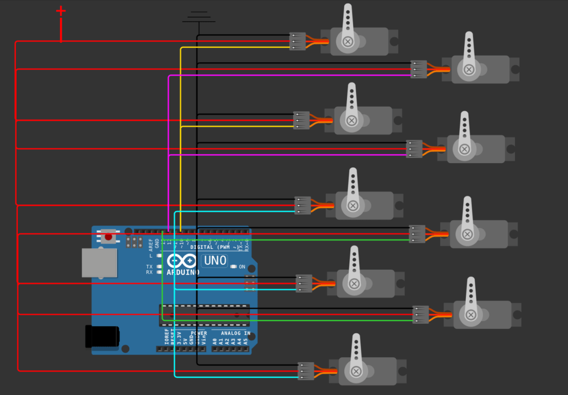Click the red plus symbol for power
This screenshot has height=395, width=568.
click(x=61, y=11)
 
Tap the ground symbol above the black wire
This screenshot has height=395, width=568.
click(x=198, y=17)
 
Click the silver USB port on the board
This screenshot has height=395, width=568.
click(x=99, y=263)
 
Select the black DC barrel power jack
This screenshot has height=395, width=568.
click(x=102, y=337)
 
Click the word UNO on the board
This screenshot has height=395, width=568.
click(x=215, y=260)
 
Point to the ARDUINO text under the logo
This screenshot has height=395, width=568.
click(x=183, y=272)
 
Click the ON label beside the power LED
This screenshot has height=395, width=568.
click(x=242, y=267)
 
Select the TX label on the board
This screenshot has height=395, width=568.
click(x=149, y=267)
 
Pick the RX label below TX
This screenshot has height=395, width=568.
click(x=149, y=273)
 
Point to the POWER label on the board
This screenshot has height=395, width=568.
click(x=199, y=333)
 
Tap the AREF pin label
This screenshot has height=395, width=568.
click(x=151, y=245)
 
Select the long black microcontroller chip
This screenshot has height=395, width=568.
click(x=204, y=315)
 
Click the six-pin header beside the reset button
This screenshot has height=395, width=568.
click(x=134, y=242)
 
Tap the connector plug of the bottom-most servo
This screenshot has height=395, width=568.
click(x=306, y=371)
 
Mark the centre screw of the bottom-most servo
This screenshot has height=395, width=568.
click(x=356, y=371)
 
